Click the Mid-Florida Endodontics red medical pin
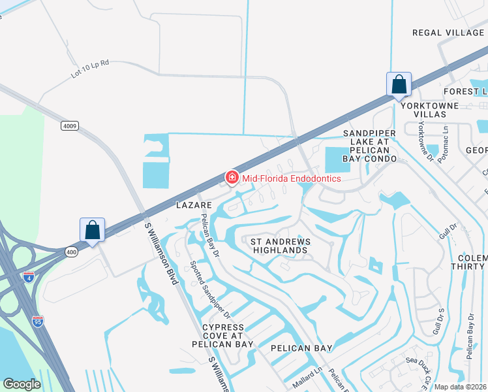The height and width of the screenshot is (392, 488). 231,177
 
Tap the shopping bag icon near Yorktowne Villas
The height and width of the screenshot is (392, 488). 399,85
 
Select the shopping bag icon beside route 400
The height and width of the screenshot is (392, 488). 93,231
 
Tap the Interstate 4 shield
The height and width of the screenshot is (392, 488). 28,276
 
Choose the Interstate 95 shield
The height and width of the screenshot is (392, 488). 37,320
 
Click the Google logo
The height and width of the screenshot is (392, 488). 22,384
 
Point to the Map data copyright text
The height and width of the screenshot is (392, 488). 461,387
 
